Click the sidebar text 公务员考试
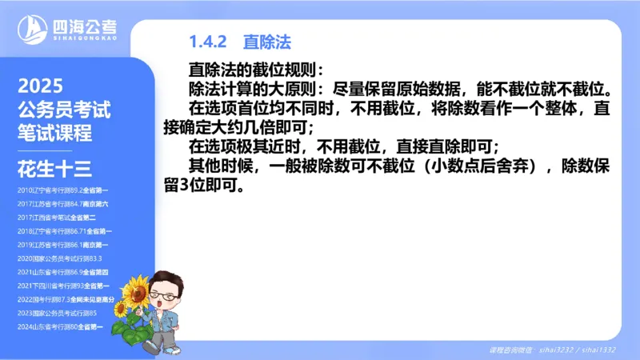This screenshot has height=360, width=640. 63,110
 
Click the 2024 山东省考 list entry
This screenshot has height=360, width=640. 61,326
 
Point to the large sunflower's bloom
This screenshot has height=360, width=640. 136,290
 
